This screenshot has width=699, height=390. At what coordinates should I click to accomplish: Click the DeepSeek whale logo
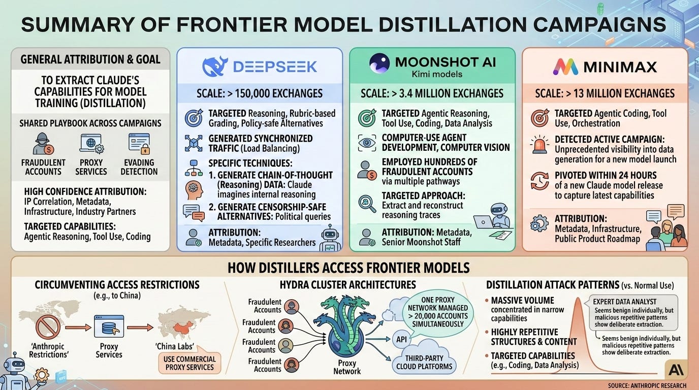[214, 67]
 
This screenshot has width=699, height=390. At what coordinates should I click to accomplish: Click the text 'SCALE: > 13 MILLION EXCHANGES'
[605, 93]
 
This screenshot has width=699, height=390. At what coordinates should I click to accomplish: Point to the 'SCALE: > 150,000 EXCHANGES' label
[260, 93]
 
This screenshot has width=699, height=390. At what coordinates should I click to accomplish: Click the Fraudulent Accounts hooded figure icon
[42, 144]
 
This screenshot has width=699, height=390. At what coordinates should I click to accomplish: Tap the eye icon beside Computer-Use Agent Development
[367, 143]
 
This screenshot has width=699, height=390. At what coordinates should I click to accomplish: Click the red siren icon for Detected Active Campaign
[539, 144]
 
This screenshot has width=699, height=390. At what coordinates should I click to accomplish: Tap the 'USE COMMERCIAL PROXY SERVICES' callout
[189, 363]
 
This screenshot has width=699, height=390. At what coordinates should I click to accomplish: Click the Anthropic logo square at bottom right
[676, 370]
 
